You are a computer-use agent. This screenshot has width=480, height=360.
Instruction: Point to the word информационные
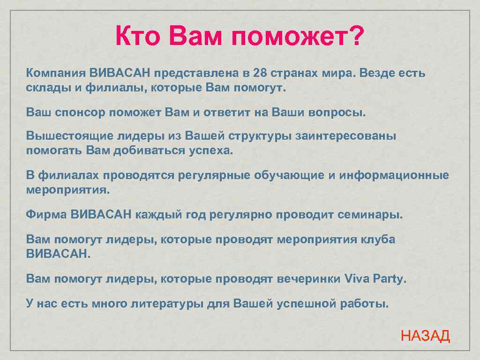tap(394, 175)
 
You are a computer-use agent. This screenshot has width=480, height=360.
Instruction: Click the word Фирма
tap(46, 215)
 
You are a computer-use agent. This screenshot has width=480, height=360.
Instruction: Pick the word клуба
tap(378, 240)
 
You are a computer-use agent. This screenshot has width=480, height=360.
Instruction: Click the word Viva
tap(357, 279)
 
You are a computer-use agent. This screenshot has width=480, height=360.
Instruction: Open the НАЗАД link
tap(425, 336)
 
